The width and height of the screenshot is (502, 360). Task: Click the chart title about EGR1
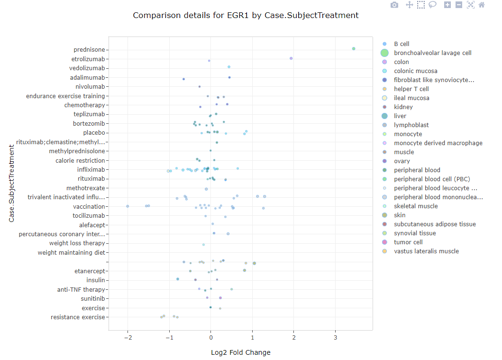point(246,15)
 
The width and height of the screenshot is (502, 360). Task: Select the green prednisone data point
point(354,48)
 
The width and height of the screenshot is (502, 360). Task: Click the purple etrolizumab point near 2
point(291,58)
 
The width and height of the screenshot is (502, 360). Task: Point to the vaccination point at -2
point(128,206)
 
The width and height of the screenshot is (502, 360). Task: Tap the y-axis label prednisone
point(89,50)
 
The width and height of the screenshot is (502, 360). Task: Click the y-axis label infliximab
point(91,169)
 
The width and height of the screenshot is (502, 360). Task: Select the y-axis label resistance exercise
point(78,317)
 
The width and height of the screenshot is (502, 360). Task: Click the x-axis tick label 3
point(335,337)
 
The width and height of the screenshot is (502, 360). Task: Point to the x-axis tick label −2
point(128,337)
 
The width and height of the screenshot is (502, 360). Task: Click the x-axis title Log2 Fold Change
point(241,352)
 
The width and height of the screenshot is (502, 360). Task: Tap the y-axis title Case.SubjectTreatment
point(11,184)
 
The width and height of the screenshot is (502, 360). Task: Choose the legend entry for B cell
point(402,44)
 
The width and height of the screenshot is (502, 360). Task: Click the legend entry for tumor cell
point(408,242)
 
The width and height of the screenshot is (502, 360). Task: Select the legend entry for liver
point(400,116)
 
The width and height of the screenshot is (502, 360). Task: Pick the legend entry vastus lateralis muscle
point(426,251)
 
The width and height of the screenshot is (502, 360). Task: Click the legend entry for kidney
point(403,107)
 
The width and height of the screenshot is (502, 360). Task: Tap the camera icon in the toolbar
point(394,5)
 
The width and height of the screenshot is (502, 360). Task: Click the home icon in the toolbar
point(482,5)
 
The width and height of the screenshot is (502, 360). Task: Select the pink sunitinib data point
point(220,298)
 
